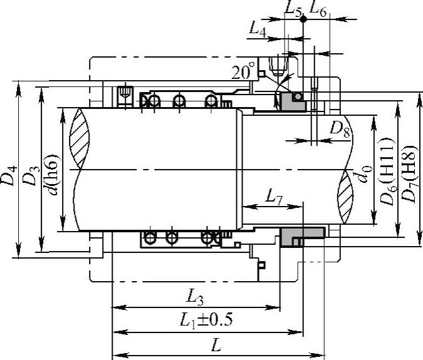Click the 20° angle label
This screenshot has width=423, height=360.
[243, 71]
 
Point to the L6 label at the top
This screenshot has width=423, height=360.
[318, 9]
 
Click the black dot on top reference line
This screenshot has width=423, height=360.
[303, 19]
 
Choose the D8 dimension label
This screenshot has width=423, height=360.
[340, 129]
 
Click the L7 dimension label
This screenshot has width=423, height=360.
[274, 198]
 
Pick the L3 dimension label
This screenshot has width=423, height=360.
[195, 297]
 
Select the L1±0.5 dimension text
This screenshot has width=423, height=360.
[206, 319]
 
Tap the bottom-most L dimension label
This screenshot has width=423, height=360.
[216, 345]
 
